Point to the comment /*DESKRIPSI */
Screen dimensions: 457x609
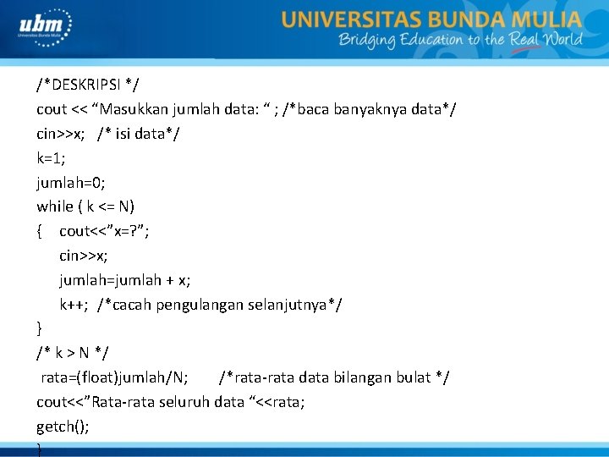[x=88, y=85]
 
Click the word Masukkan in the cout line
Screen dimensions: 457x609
[x=143, y=109]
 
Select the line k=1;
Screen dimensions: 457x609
[x=51, y=157]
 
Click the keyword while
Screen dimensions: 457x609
[x=55, y=206]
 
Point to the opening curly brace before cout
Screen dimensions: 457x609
[x=40, y=231]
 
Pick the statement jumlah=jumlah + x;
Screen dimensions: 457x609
[x=124, y=279]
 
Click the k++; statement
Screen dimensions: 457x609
[x=74, y=304]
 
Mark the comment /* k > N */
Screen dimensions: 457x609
[x=73, y=352]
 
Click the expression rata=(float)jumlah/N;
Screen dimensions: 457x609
[x=114, y=377]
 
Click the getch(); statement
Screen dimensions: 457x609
[x=63, y=426]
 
